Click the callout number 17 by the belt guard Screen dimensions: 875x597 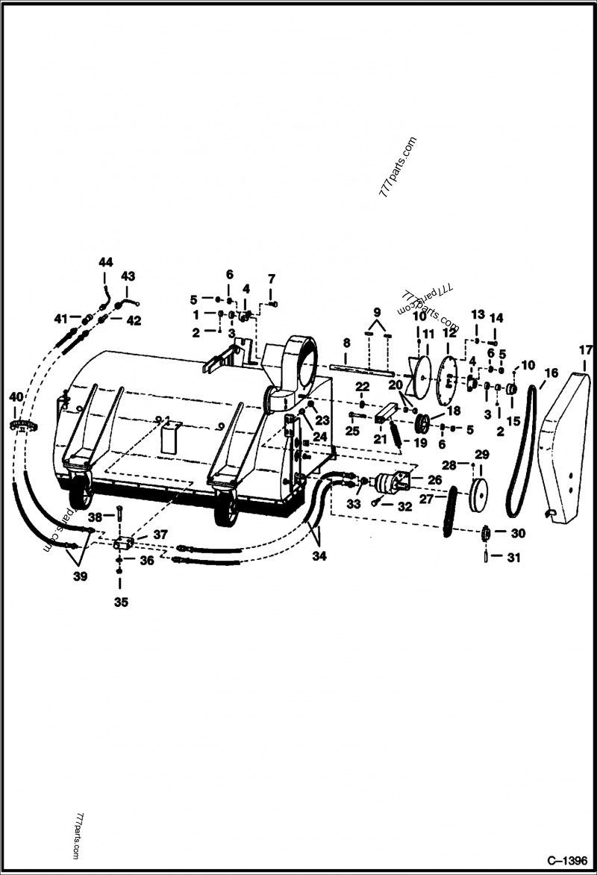(x=584, y=349)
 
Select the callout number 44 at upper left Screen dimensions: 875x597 (x=105, y=262)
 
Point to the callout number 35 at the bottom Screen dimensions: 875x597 (x=119, y=602)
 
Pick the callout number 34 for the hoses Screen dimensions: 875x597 (x=320, y=555)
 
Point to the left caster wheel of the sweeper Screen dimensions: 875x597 (x=81, y=498)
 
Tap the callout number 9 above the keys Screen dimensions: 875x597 (x=377, y=311)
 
